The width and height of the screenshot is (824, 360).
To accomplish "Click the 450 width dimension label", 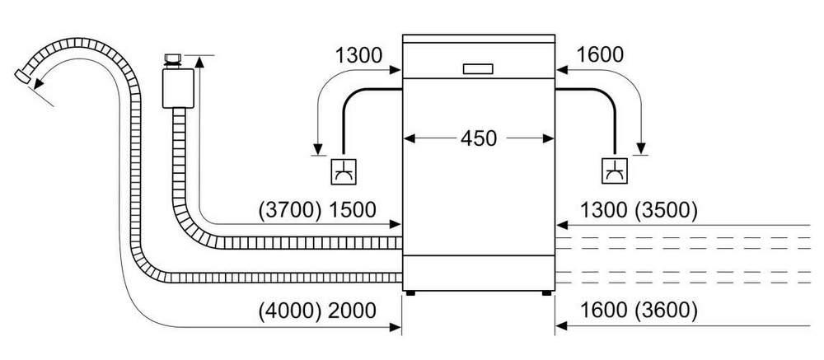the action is click(x=478, y=138).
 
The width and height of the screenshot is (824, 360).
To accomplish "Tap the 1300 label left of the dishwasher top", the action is click(x=359, y=54).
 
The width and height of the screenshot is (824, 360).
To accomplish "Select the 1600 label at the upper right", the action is click(x=600, y=54).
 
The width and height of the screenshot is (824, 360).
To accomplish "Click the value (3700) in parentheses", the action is click(x=290, y=210).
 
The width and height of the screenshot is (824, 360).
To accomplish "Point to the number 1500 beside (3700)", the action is click(x=352, y=210).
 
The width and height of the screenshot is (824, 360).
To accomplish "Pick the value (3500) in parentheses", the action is click(x=666, y=210).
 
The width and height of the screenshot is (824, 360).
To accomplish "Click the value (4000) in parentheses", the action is click(x=290, y=311).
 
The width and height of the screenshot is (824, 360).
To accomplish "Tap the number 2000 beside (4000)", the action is click(x=352, y=311).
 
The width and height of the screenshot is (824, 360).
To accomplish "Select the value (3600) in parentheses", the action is click(x=666, y=311).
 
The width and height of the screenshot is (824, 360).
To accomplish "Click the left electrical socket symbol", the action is click(x=343, y=171).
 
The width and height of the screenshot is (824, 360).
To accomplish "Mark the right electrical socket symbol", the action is click(x=615, y=171).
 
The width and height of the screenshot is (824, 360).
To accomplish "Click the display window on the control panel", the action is click(x=478, y=69).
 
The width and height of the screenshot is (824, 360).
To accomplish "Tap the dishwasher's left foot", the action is click(x=410, y=293).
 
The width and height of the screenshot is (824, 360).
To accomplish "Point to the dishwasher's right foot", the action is click(x=547, y=293).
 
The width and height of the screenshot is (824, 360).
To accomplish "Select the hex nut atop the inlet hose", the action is click(x=172, y=58).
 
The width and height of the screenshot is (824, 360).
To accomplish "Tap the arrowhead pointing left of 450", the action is click(x=410, y=138).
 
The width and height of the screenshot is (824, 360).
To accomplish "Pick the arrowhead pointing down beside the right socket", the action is click(x=640, y=148).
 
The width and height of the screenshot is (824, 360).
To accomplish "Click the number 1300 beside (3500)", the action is click(x=603, y=210).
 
